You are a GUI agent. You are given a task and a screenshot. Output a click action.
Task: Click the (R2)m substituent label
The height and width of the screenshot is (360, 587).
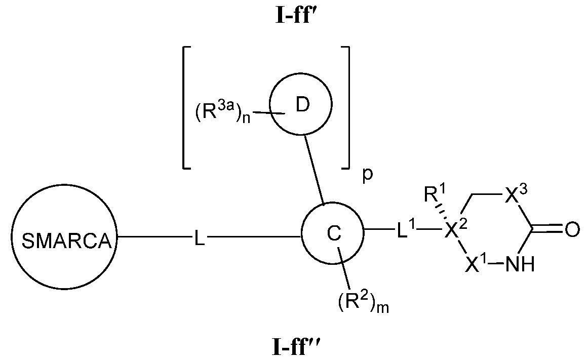[363, 303]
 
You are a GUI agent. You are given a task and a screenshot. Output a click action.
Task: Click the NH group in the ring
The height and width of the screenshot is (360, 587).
[521, 264]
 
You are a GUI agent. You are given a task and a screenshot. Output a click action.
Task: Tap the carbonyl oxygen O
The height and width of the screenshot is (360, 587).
[571, 231]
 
